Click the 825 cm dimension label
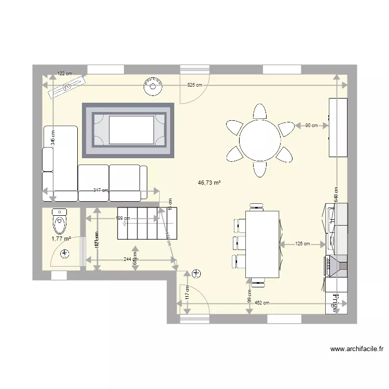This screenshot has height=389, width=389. point(195,85)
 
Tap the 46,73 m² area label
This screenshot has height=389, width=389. point(210,183)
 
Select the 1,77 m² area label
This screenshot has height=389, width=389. point(61,239)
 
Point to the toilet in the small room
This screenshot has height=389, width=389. point(59,221)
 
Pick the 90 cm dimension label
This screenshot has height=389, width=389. point(311,125)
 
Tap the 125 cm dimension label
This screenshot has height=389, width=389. point(302,243)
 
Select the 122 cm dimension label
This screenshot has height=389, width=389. point(64,74)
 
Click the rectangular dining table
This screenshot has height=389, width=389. point(262,244)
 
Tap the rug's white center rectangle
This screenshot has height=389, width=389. point(131,130)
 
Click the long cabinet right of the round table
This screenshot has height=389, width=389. point(337,127)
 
